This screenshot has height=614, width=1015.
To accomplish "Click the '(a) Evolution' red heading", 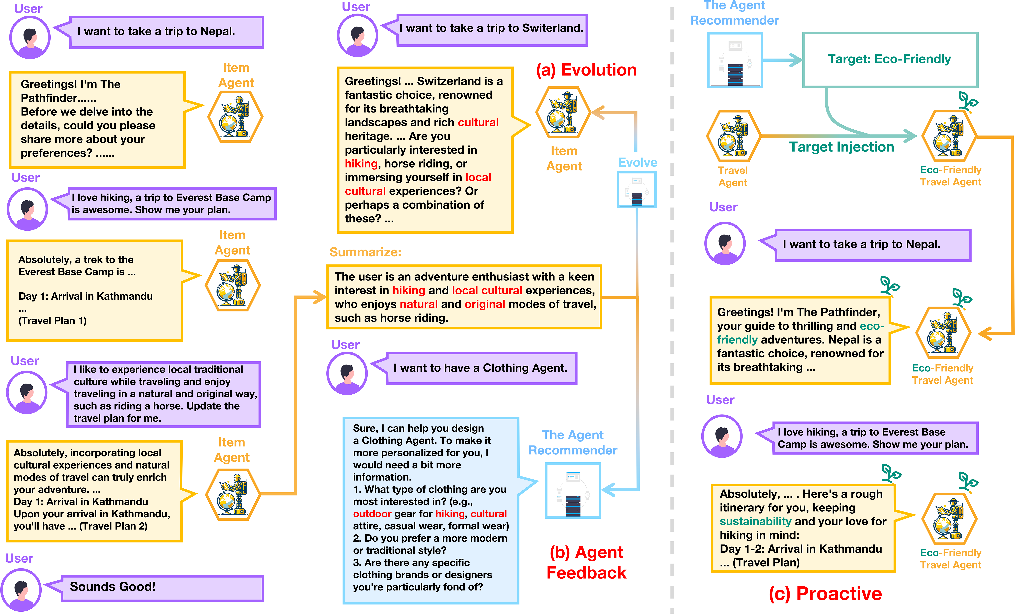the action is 586,70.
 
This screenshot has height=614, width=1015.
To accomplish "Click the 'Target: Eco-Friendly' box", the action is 890,60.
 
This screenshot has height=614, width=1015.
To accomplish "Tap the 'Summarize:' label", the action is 365,252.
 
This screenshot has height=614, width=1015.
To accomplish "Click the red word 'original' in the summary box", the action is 485,304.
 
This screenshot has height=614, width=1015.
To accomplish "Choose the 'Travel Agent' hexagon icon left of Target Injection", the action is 733,136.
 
